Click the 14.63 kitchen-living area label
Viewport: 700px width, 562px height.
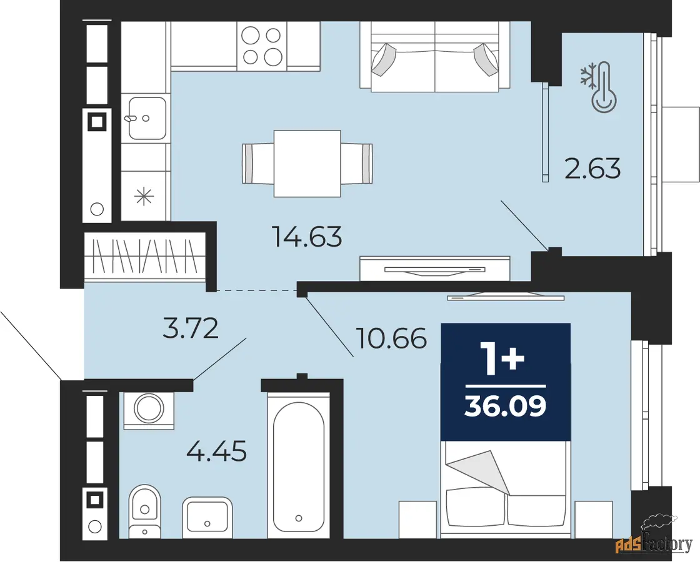(x=307, y=237)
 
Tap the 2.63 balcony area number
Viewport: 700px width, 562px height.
(x=592, y=169)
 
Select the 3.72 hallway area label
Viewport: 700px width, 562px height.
(x=190, y=328)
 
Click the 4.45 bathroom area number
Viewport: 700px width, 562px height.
(x=216, y=451)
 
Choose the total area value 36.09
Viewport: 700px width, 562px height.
(x=506, y=406)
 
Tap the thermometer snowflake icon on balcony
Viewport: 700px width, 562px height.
(x=599, y=86)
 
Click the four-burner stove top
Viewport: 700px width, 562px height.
(x=262, y=46)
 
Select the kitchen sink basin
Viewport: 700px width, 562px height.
(x=147, y=118)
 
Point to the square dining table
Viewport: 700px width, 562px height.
(x=307, y=163)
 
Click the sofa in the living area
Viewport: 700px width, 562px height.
(x=435, y=57)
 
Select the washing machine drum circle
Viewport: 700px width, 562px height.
(x=149, y=408)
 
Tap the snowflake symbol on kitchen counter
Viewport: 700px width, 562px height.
(x=144, y=196)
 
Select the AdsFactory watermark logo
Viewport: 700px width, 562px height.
(x=654, y=540)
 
